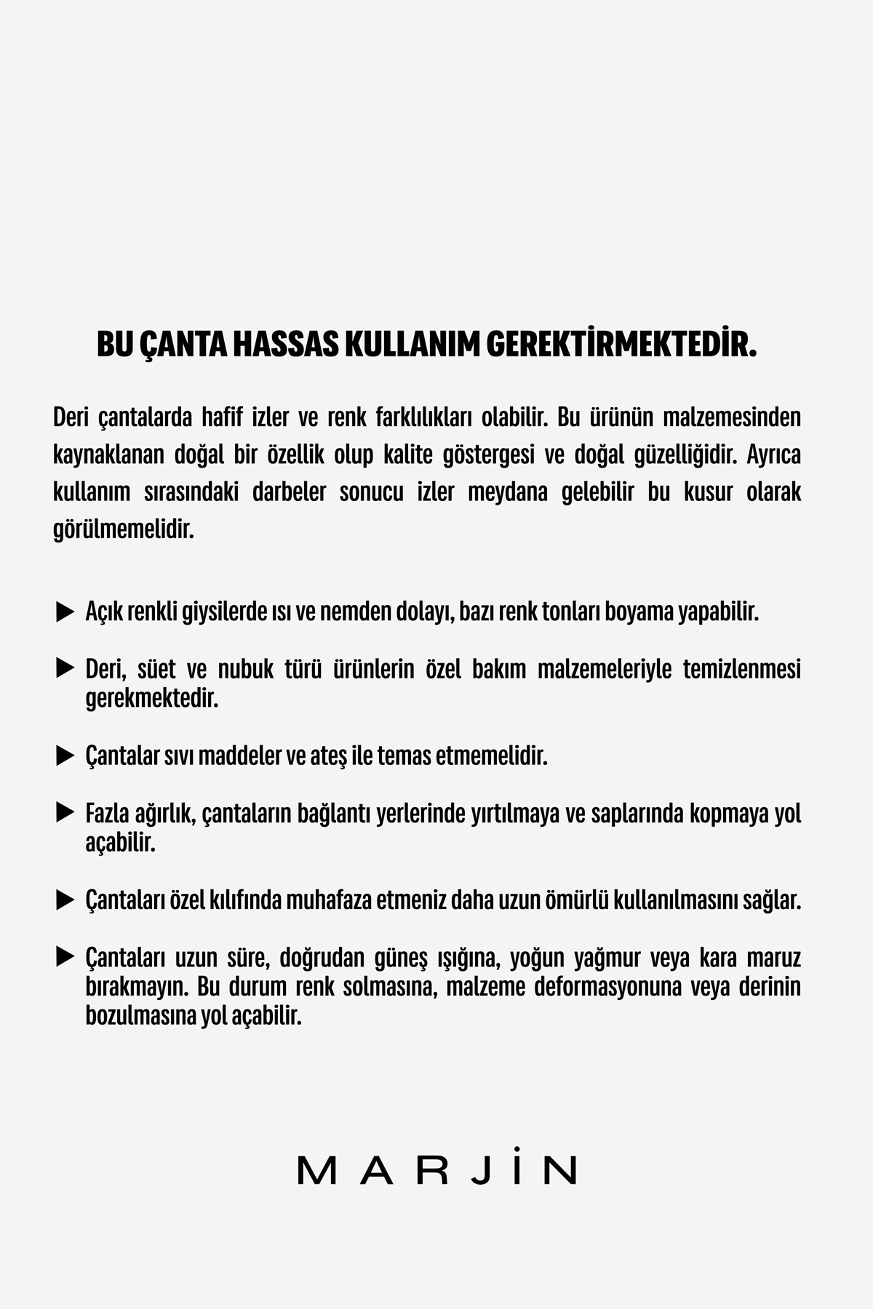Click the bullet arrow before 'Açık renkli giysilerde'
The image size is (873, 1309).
tap(65, 612)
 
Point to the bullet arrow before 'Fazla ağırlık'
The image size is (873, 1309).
tap(65, 812)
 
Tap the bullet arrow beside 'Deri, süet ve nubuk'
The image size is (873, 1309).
tap(65, 668)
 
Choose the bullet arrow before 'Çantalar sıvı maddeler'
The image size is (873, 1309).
tap(65, 756)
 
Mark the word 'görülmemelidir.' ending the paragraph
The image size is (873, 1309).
tap(124, 529)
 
